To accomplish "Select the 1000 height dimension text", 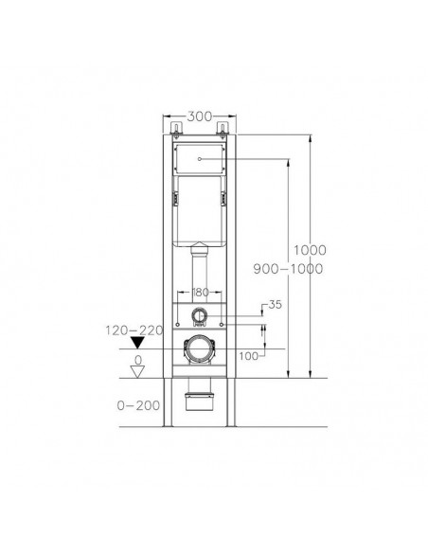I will click(x=309, y=250).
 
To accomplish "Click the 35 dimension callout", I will click(x=276, y=306).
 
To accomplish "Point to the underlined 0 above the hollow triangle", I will click(x=137, y=360).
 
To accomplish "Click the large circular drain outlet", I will click(x=200, y=350).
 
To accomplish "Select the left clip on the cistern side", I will click(x=174, y=198).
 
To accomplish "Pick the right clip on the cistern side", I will click(x=225, y=198).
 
